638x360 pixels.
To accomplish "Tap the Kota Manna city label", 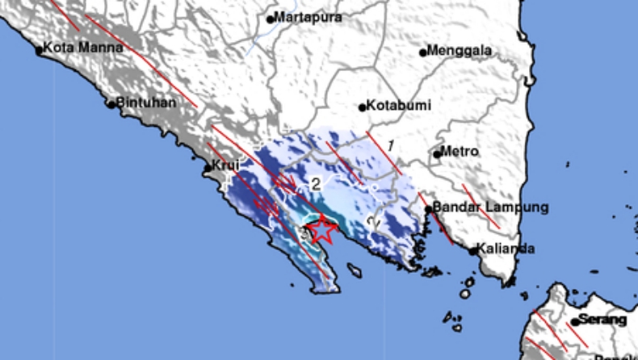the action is click(x=83, y=48).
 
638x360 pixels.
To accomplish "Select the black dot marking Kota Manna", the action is click(x=38, y=50).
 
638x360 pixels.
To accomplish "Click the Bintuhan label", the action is click(x=145, y=103).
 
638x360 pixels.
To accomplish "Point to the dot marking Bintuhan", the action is click(x=111, y=104).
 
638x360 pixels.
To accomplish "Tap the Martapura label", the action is click(x=308, y=17).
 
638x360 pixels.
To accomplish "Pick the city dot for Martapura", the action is click(x=271, y=19).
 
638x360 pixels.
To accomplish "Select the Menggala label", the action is click(x=459, y=51).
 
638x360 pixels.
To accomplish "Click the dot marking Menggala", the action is click(x=422, y=52).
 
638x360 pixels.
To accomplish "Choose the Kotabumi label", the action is click(x=399, y=105).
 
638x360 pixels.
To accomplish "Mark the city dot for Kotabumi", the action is click(x=363, y=107).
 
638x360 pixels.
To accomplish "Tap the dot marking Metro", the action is click(x=437, y=153).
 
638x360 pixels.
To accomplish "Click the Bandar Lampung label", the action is click(x=491, y=207).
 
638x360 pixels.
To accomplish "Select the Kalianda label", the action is click(x=505, y=249).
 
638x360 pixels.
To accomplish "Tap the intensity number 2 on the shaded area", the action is click(x=316, y=184).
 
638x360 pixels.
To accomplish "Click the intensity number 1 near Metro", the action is click(x=390, y=145).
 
